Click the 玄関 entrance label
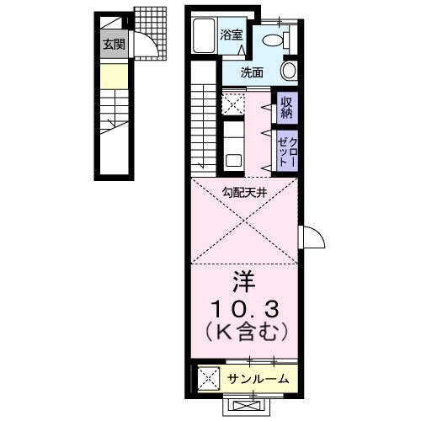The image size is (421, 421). [x=113, y=44]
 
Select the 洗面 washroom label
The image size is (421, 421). [x=252, y=72]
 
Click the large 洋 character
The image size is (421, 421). [x=244, y=278]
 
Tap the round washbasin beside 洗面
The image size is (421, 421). [x=289, y=71]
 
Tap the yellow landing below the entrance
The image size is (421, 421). [x=113, y=80]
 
